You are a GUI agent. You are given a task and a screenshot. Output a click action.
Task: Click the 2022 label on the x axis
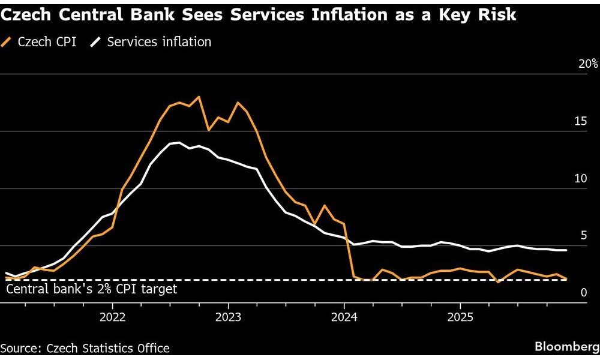pos(113,317)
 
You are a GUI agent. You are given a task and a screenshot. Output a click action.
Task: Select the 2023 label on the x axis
pos(229,317)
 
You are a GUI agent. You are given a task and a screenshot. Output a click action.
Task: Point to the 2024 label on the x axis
pos(344,317)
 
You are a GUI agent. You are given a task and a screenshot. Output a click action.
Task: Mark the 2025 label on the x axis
pos(460,317)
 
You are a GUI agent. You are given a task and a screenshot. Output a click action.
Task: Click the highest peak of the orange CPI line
pos(199,97)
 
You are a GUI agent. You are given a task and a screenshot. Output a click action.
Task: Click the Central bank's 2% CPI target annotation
pos(92,289)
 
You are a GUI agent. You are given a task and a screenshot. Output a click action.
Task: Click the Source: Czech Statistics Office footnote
pos(85,348)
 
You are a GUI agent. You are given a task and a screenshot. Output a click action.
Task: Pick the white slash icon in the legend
pos(96,42)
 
